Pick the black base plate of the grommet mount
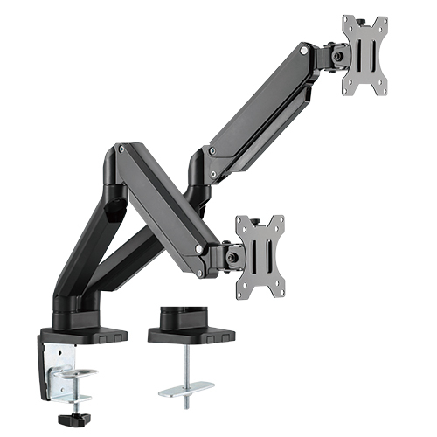(x=192, y=335)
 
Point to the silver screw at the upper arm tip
(x=303, y=52)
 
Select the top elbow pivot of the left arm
(x=119, y=157)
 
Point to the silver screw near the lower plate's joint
(x=200, y=248)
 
